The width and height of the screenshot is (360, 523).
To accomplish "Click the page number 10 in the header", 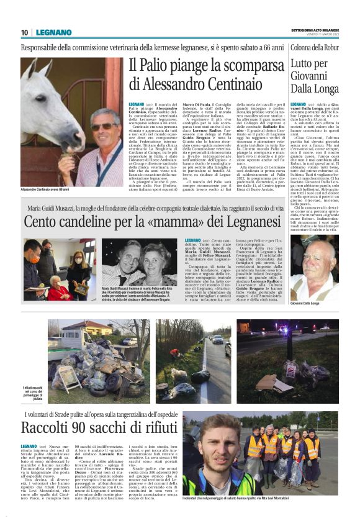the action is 24,32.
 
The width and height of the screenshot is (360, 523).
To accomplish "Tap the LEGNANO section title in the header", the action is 53,32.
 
